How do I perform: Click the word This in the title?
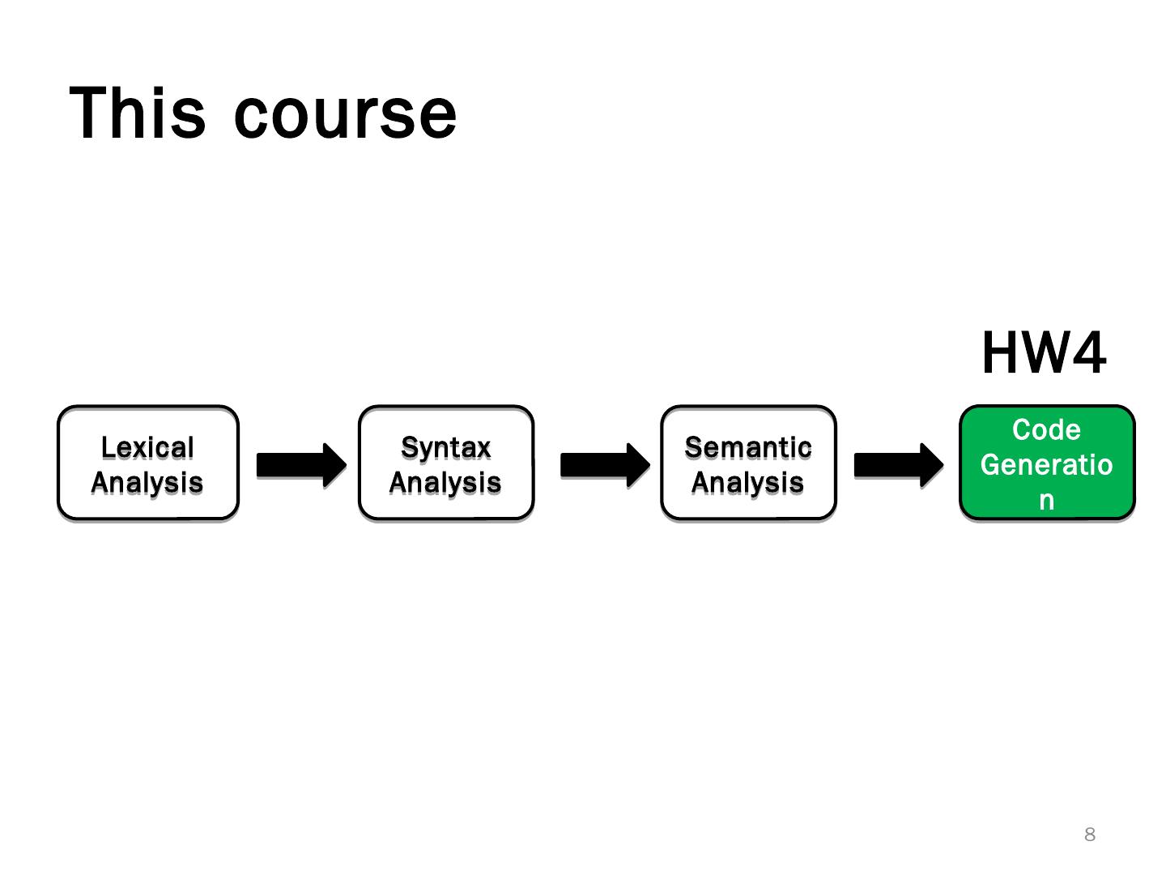pyautogui.click(x=138, y=113)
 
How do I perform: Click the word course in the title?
pyautogui.click(x=346, y=115)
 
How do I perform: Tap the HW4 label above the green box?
pyautogui.click(x=1043, y=353)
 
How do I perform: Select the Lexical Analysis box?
pyautogui.click(x=148, y=463)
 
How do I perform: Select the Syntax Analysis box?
pyautogui.click(x=446, y=463)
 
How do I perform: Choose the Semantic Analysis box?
pyautogui.click(x=748, y=463)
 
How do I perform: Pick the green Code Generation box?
pyautogui.click(x=1047, y=463)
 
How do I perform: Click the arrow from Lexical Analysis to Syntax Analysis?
pyautogui.click(x=300, y=465)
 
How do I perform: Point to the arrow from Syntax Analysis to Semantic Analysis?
pyautogui.click(x=604, y=465)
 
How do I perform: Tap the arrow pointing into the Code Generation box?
pyautogui.click(x=898, y=465)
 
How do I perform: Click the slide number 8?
pyautogui.click(x=1090, y=834)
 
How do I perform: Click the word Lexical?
pyautogui.click(x=147, y=447)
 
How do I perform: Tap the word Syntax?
pyautogui.click(x=446, y=447)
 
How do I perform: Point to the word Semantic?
pyautogui.click(x=748, y=447)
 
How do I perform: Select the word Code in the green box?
pyautogui.click(x=1046, y=429)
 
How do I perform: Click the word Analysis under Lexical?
pyautogui.click(x=147, y=483)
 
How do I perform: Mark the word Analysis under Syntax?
pyautogui.click(x=445, y=483)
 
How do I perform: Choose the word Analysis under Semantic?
pyautogui.click(x=748, y=483)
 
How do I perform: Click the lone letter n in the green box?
pyautogui.click(x=1047, y=501)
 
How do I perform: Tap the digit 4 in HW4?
pyautogui.click(x=1087, y=353)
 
